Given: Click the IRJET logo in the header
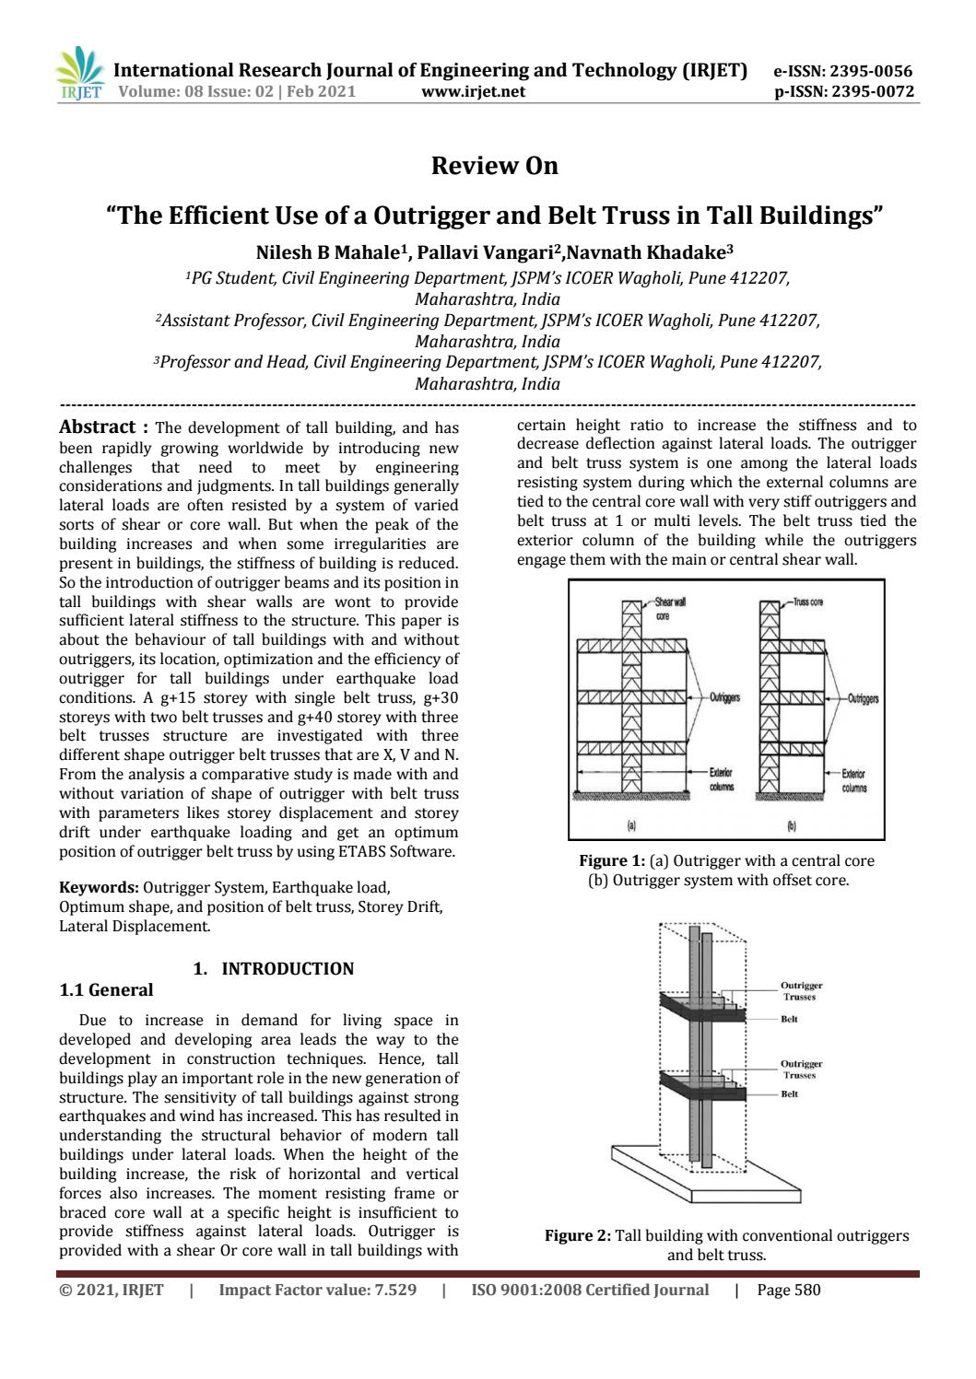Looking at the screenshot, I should click(x=81, y=74).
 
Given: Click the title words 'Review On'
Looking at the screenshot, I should click(x=495, y=166).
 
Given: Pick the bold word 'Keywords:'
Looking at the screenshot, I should click(x=99, y=888).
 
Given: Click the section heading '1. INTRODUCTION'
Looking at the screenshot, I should click(x=273, y=969).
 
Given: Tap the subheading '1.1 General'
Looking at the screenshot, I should click(x=106, y=990).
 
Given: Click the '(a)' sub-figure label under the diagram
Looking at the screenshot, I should click(x=632, y=825).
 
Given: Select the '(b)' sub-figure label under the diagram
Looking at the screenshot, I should click(x=791, y=825).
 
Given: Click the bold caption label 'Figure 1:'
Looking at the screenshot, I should click(x=612, y=861).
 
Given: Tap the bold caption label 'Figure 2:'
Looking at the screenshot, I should click(x=577, y=1236).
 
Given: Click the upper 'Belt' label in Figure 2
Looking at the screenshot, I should click(x=789, y=1019).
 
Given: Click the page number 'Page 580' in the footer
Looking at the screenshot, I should click(x=788, y=1291).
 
